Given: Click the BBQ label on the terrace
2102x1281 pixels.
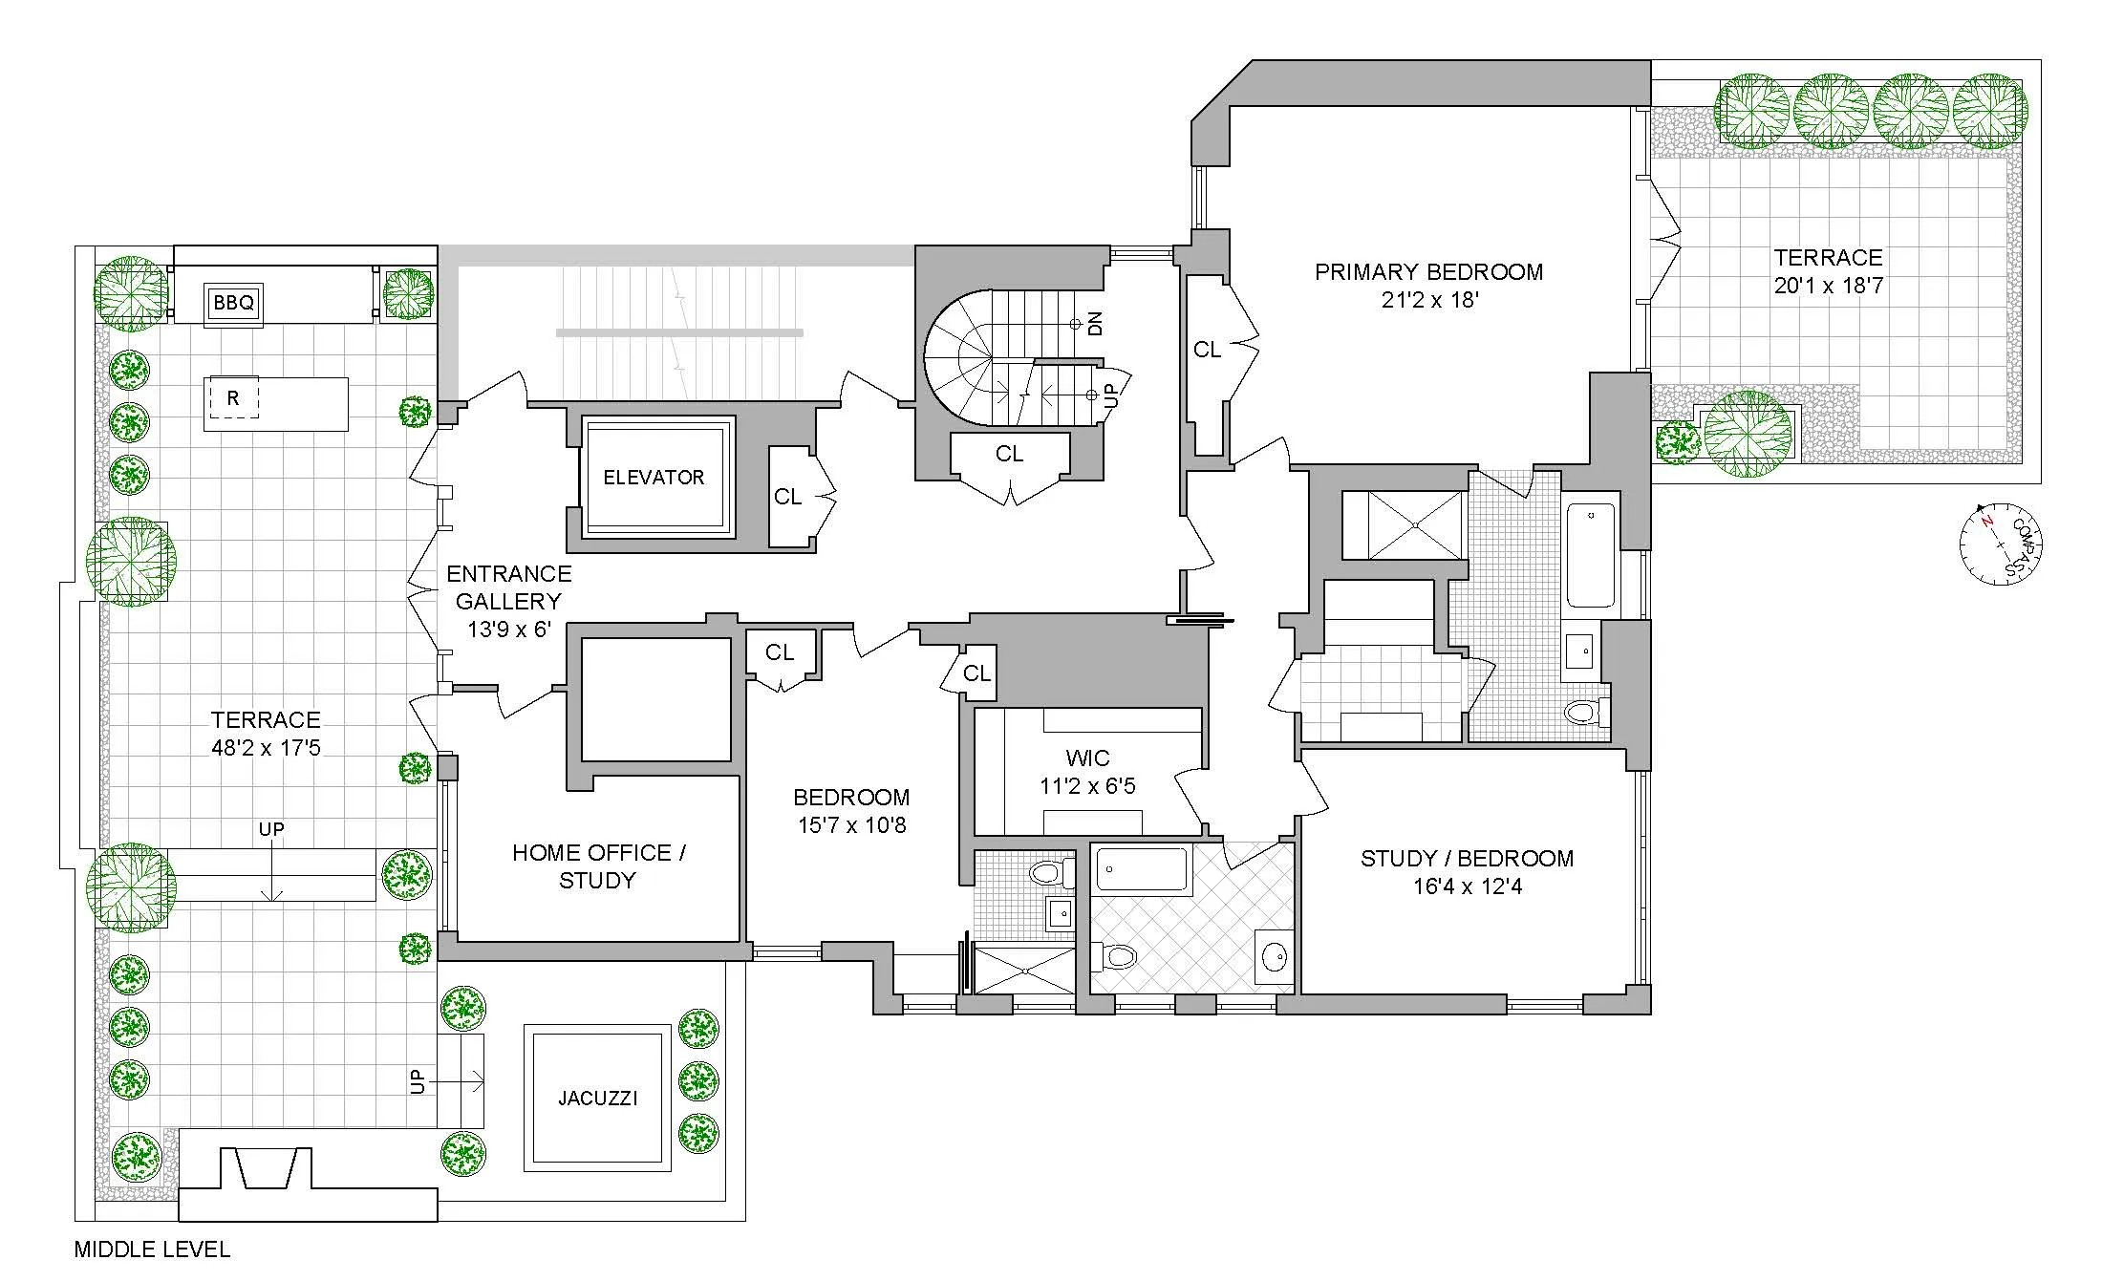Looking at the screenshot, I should pyautogui.click(x=234, y=303).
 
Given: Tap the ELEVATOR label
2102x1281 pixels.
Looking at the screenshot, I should pyautogui.click(x=654, y=478).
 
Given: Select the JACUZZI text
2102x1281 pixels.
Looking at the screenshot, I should pyautogui.click(x=597, y=1099).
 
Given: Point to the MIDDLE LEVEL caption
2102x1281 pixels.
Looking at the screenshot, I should pyautogui.click(x=152, y=1249).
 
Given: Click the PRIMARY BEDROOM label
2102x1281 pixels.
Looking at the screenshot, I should pyautogui.click(x=1428, y=272).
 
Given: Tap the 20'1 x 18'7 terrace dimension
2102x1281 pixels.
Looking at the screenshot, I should pyautogui.click(x=1828, y=286).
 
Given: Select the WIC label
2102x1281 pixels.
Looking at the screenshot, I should pyautogui.click(x=1087, y=758).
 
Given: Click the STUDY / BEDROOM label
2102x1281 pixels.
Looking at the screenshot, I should pyautogui.click(x=1467, y=859).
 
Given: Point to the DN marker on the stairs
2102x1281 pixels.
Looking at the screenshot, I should pyautogui.click(x=1096, y=323).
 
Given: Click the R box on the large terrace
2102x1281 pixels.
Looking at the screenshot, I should pyautogui.click(x=232, y=398).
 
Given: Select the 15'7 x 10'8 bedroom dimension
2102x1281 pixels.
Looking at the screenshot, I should pyautogui.click(x=851, y=825).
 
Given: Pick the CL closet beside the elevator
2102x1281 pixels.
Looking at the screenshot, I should pyautogui.click(x=788, y=497).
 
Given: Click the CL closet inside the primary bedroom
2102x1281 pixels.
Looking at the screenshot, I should pyautogui.click(x=1207, y=351).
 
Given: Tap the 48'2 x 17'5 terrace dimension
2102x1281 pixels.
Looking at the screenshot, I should pyautogui.click(x=266, y=748).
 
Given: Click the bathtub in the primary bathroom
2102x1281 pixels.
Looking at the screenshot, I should pyautogui.click(x=1591, y=555).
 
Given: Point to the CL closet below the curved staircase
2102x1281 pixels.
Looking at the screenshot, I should pyautogui.click(x=1009, y=455).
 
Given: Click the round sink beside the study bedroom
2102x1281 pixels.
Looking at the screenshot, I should pyautogui.click(x=1273, y=955).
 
